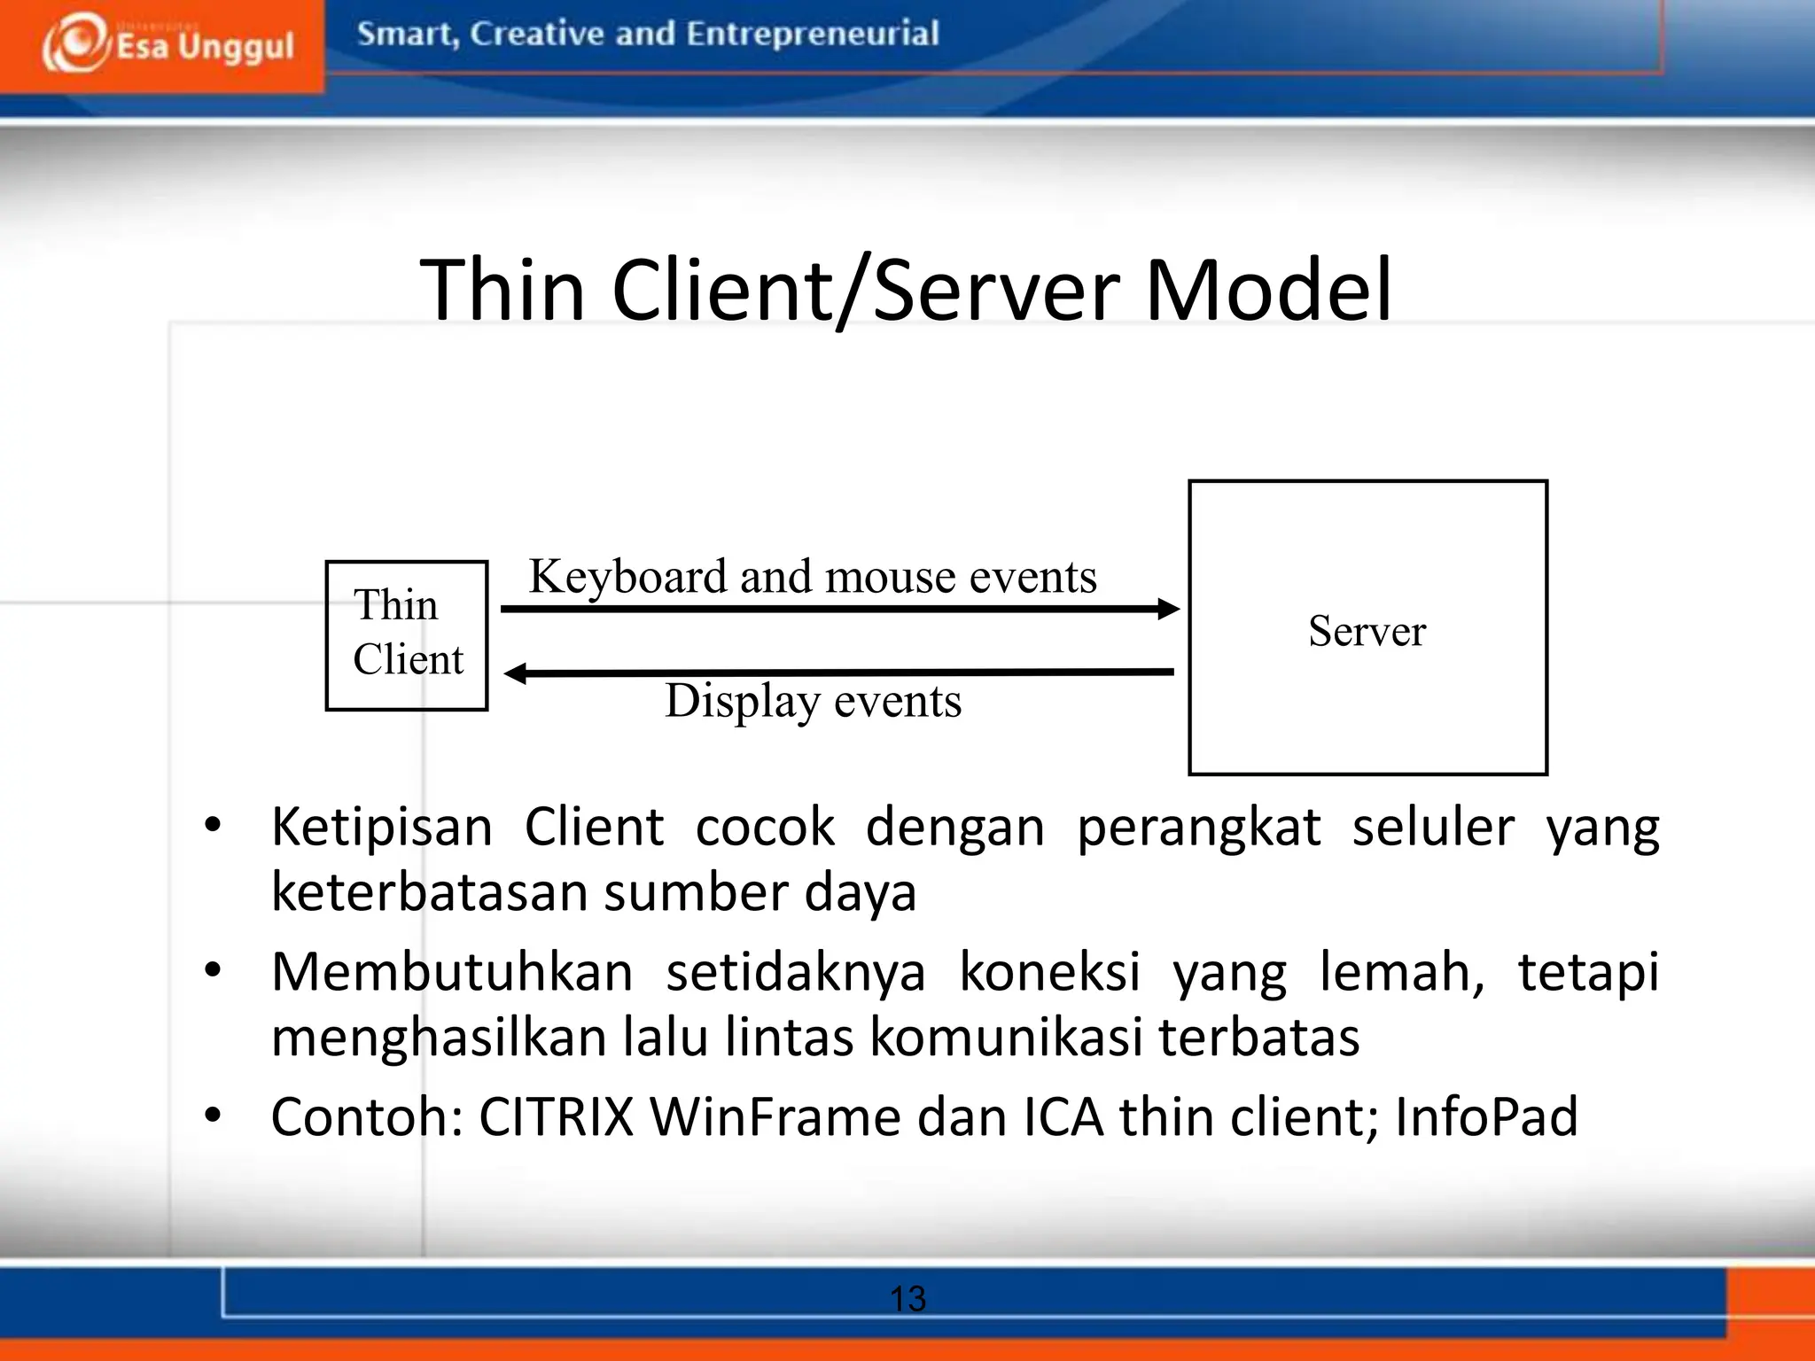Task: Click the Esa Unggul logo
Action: click(x=167, y=44)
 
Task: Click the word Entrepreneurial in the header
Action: click(x=812, y=35)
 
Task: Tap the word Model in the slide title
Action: click(x=1269, y=291)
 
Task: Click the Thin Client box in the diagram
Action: click(x=407, y=634)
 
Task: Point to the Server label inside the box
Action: click(x=1367, y=632)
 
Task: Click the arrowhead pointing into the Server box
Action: click(x=1170, y=609)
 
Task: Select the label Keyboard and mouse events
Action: click(x=812, y=577)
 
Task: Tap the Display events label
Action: click(x=813, y=701)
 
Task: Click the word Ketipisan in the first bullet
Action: click(x=381, y=828)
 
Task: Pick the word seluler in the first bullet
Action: click(x=1432, y=828)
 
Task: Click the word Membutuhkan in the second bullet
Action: click(x=452, y=972)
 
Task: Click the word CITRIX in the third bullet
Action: click(x=556, y=1116)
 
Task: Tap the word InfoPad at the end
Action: click(x=1486, y=1116)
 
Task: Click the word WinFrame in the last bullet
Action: click(x=775, y=1116)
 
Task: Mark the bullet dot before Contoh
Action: click(x=213, y=1115)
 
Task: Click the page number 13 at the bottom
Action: click(x=907, y=1299)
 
